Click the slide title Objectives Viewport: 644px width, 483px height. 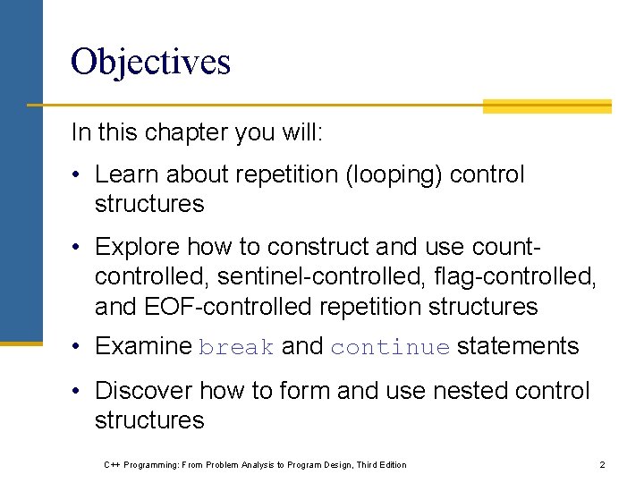pyautogui.click(x=150, y=62)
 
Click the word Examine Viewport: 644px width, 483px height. pyautogui.click(x=143, y=346)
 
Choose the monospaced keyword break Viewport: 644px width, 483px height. pyautogui.click(x=236, y=348)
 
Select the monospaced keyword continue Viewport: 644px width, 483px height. pyautogui.click(x=390, y=348)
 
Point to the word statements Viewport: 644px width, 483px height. pyautogui.click(x=518, y=346)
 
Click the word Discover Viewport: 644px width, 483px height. pyautogui.click(x=143, y=391)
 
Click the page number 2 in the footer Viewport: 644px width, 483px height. pyautogui.click(x=602, y=464)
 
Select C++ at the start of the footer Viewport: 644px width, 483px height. pyautogui.click(x=112, y=465)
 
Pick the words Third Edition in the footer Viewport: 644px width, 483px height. pyautogui.click(x=381, y=465)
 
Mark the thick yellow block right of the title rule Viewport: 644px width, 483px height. pyautogui.click(x=547, y=106)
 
